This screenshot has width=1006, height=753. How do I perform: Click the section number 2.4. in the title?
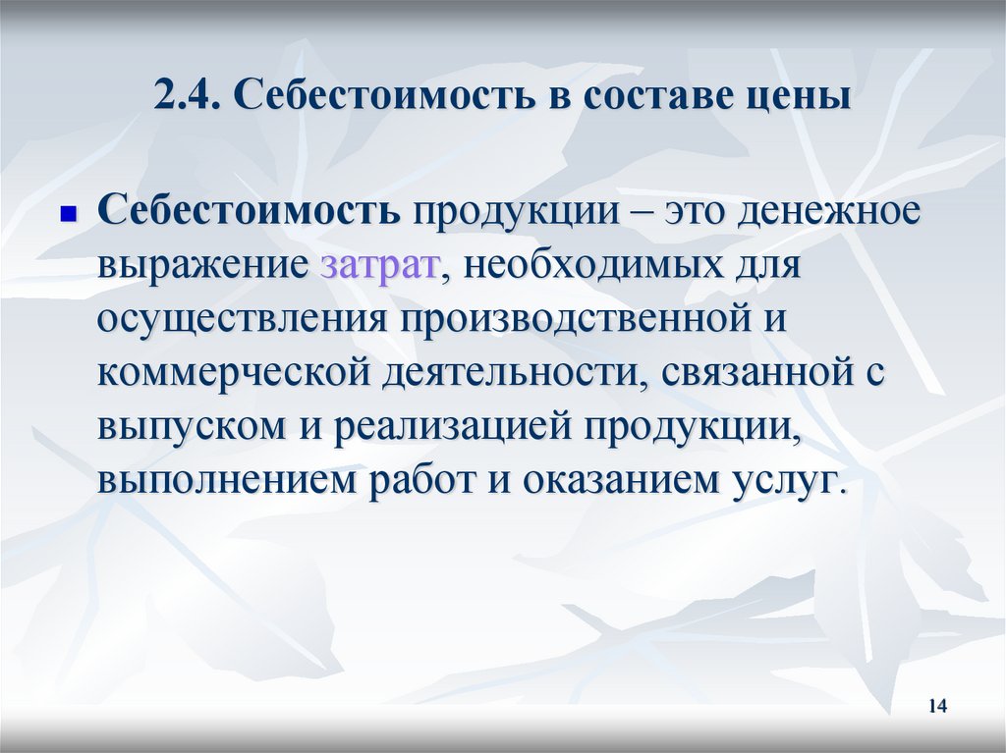[188, 99]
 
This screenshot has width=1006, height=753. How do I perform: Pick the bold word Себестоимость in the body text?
[248, 212]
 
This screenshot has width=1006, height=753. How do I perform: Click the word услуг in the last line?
[786, 482]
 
